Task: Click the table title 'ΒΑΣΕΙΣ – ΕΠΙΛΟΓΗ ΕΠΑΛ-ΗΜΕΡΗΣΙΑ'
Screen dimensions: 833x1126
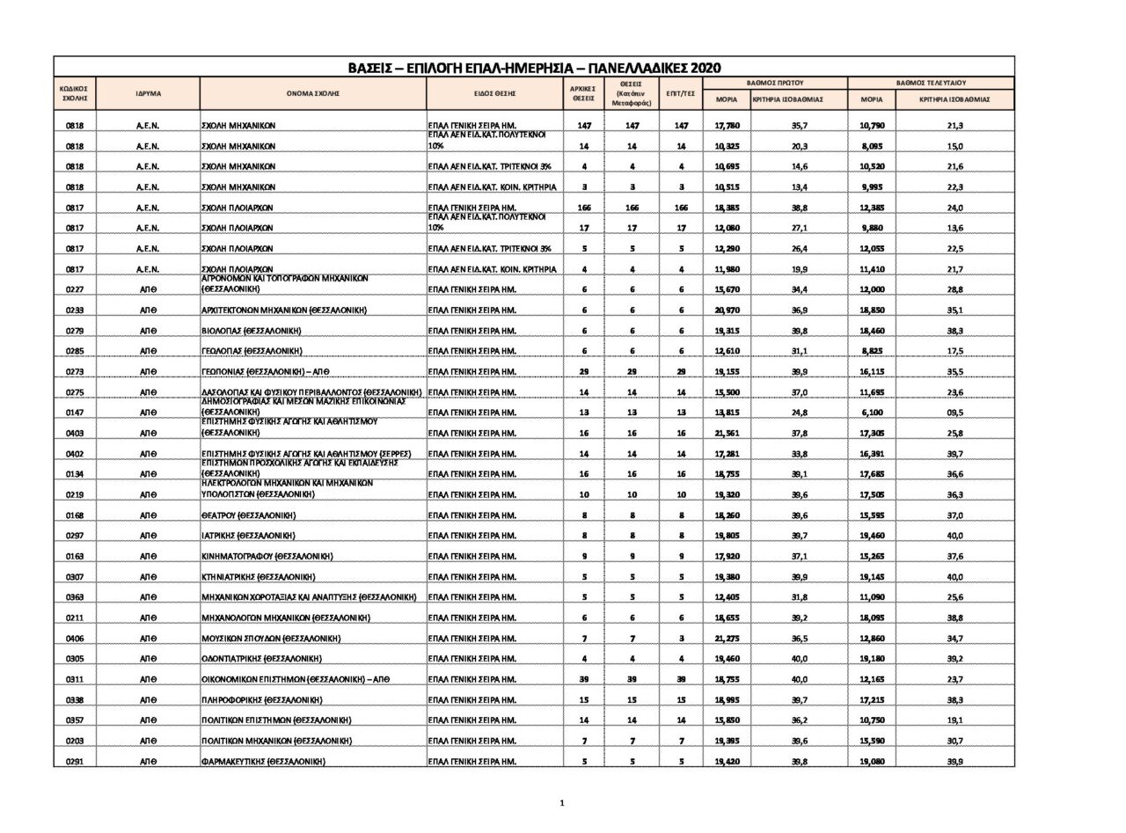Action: point(534,68)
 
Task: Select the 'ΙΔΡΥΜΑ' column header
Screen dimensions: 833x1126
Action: point(148,93)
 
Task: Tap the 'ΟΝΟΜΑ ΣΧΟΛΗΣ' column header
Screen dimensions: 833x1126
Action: point(312,93)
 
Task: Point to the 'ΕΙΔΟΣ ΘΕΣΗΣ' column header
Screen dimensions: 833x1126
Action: point(494,93)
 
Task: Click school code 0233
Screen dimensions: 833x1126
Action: point(75,311)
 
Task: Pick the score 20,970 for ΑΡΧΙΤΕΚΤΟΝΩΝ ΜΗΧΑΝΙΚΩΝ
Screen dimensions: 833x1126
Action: point(727,311)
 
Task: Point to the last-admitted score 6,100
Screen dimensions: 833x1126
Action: point(872,413)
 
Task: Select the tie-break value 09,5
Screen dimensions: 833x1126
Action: point(954,413)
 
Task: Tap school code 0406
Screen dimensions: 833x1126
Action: point(75,639)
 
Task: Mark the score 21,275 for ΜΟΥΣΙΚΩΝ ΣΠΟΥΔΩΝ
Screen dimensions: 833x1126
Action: point(727,639)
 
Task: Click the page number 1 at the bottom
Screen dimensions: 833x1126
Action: point(562,802)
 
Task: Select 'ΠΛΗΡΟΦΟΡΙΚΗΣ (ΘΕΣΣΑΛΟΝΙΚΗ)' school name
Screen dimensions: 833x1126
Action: point(261,700)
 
